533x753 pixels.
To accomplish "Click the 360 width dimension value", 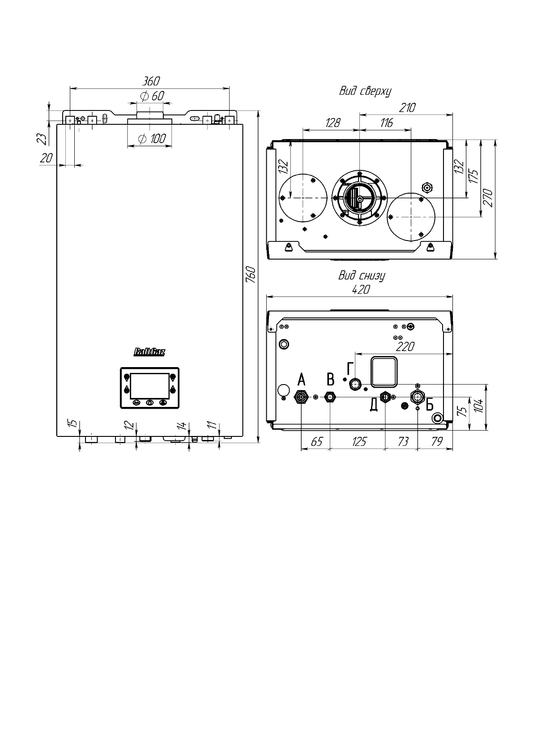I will pos(151,81).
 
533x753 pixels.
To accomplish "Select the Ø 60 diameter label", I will pos(152,96).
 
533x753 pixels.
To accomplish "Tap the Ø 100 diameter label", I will pos(152,139).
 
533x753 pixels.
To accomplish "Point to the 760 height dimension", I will pos(252,275).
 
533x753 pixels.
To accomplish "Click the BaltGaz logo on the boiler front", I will pos(149,353).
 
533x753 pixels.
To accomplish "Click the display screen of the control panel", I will pos(149,386).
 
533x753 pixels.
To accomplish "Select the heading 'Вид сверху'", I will pos(365,91).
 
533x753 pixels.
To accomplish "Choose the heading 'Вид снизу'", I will pos(361,276).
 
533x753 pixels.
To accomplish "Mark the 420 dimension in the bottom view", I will pos(361,290).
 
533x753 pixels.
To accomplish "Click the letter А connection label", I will pos(302,381).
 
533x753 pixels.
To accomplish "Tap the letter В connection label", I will pos(330,380).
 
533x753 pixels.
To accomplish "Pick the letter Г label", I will pos(350,369).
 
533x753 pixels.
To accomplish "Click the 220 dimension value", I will pos(405,347).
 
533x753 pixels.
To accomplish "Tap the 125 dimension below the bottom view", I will pos(359,442).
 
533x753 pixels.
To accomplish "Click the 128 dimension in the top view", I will pos(333,123).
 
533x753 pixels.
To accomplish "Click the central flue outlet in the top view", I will pos(359,197).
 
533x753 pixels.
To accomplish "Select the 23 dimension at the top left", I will pos(42,139).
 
